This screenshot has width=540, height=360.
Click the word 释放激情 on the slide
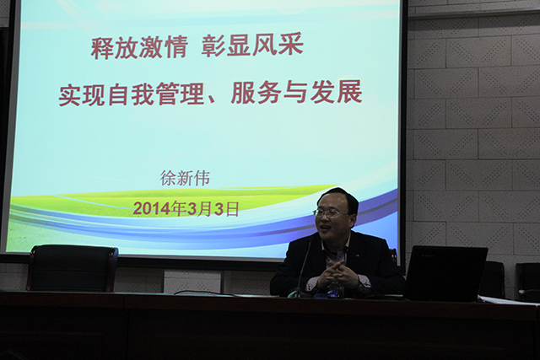[x=139, y=47]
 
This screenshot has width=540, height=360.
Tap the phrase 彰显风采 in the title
[x=252, y=46]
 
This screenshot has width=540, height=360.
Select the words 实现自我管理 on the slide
[x=132, y=94]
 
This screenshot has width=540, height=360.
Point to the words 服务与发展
[x=296, y=92]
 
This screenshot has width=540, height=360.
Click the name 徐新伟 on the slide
[x=185, y=178]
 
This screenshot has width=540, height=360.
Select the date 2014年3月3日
[x=186, y=208]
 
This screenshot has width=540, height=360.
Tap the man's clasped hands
[x=338, y=275]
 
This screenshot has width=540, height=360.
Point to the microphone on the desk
[x=300, y=271]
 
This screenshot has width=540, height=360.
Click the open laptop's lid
[x=446, y=273]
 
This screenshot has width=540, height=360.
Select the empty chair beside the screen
[x=73, y=268]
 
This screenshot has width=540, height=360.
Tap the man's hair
[x=338, y=197]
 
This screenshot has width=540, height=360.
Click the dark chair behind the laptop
[x=493, y=279]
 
